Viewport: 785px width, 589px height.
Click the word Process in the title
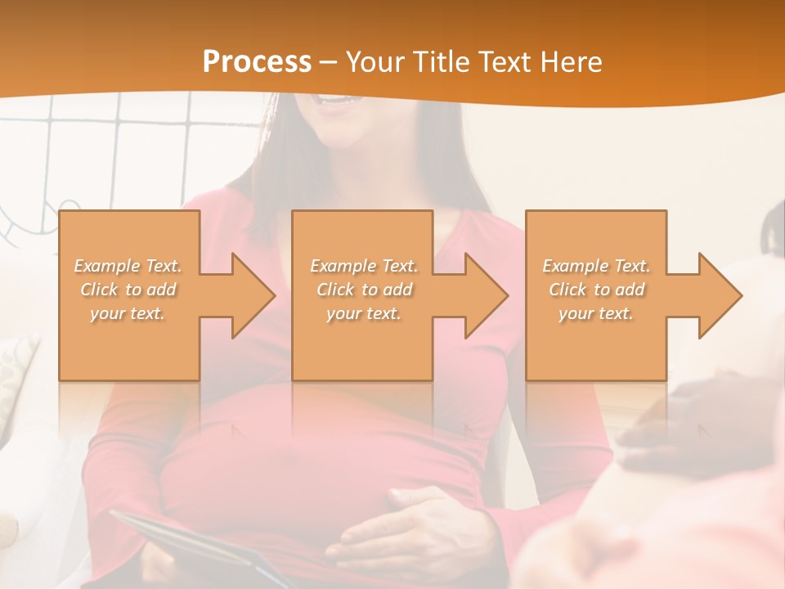(x=257, y=62)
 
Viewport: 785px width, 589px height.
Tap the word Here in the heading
(x=569, y=62)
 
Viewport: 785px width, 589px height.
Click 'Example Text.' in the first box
(x=128, y=266)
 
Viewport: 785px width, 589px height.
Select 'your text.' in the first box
(x=128, y=313)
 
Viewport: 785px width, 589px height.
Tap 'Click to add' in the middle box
(x=364, y=290)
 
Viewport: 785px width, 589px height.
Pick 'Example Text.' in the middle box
(x=364, y=266)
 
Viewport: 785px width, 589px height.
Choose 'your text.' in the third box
(x=596, y=313)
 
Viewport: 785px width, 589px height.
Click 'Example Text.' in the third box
(x=596, y=266)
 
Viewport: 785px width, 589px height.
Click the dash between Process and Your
(x=329, y=63)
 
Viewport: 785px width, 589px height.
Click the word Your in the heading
(x=375, y=62)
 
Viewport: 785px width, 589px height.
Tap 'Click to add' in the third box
(x=596, y=290)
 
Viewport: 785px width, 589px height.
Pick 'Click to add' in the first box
(x=128, y=290)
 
